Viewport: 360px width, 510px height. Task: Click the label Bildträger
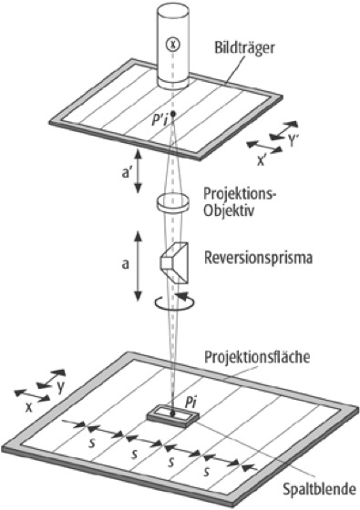click(x=244, y=48)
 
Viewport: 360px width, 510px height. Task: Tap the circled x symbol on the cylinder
click(x=173, y=45)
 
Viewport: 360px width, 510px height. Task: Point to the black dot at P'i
click(x=173, y=114)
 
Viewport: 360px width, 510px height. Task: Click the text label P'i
click(x=159, y=121)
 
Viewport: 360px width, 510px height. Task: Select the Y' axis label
click(x=293, y=141)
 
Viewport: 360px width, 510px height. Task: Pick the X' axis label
click(x=261, y=160)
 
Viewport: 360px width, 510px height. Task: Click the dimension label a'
click(x=127, y=173)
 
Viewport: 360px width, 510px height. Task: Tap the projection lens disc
click(x=173, y=202)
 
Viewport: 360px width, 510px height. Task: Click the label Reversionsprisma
click(x=258, y=257)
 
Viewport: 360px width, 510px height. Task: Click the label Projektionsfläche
click(x=257, y=357)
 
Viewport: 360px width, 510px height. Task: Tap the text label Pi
click(x=191, y=403)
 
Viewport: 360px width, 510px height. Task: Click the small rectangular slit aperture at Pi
click(x=172, y=415)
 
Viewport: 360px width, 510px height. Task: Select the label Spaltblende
click(x=319, y=489)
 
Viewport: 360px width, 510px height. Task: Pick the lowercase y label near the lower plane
click(x=60, y=388)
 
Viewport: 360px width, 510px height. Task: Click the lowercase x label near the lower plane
click(x=29, y=408)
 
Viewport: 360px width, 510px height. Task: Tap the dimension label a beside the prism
click(x=126, y=264)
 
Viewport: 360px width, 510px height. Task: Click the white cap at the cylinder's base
click(x=173, y=83)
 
